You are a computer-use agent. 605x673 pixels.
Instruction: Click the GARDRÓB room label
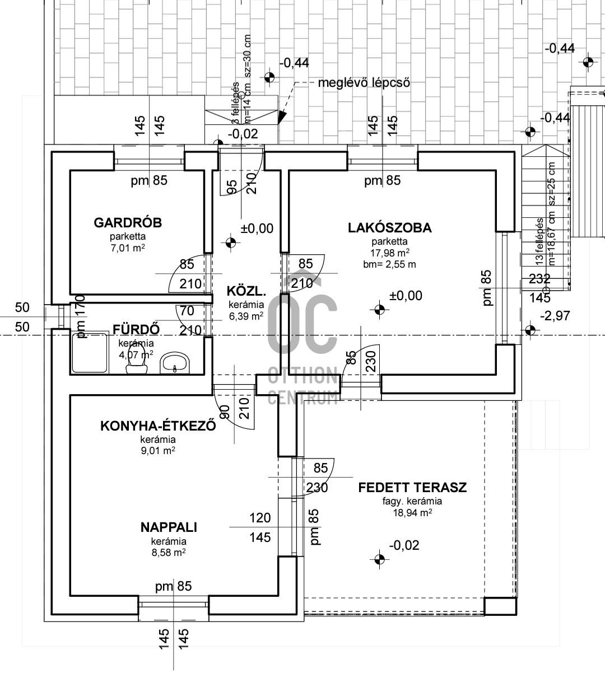coord(128,223)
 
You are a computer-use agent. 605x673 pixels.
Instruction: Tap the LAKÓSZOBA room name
coord(389,228)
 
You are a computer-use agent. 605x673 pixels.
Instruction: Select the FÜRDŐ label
coord(137,329)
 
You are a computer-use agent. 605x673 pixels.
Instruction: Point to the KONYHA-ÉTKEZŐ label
coord(158,426)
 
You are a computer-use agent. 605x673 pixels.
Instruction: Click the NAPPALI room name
coord(169,527)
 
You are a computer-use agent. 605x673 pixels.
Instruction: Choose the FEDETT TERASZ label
coord(412,487)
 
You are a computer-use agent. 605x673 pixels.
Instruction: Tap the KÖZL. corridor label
coord(245,291)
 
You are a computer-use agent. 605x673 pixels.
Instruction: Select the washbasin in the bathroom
coord(175,364)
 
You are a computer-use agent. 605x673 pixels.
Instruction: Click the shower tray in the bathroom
coord(89,353)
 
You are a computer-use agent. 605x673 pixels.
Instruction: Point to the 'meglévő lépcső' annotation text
coord(364,83)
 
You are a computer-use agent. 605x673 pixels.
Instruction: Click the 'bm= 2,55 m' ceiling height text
coord(389,264)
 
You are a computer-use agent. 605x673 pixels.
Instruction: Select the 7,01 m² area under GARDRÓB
coord(128,247)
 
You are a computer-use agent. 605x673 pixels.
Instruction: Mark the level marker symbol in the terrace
coord(379,558)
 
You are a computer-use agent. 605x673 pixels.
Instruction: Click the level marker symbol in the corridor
coord(230,242)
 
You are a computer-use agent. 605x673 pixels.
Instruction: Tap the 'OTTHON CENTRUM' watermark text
coord(302,386)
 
